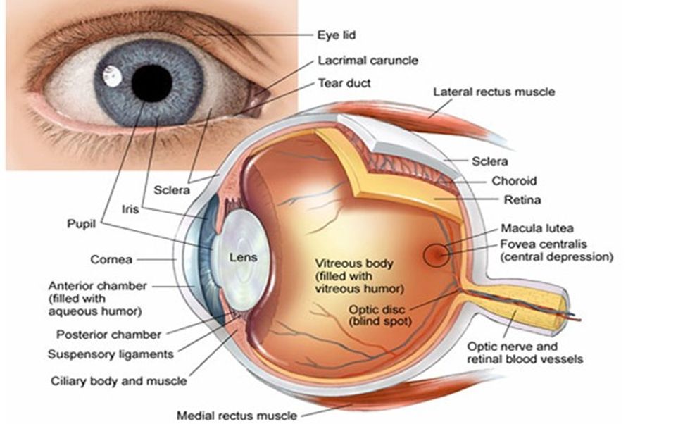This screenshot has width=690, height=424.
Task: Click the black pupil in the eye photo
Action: (151, 83)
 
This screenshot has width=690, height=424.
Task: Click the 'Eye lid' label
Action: (337, 33)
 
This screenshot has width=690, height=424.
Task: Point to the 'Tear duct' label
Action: (344, 83)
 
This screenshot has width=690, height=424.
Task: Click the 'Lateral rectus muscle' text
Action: (494, 92)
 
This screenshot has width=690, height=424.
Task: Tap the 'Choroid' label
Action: (514, 181)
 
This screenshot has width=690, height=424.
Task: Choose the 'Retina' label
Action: (522, 200)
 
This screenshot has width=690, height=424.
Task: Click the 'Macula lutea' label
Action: (537, 228)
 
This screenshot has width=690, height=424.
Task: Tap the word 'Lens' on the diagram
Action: (244, 258)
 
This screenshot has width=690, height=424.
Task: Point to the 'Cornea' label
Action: (111, 260)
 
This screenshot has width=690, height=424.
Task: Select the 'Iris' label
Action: (130, 209)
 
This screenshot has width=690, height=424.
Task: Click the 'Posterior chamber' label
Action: (109, 335)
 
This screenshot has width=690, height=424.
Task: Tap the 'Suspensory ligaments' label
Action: (111, 354)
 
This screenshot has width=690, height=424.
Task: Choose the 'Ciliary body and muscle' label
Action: (119, 381)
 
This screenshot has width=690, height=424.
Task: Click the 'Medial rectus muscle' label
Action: (237, 415)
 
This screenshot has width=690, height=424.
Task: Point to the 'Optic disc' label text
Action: (373, 308)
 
